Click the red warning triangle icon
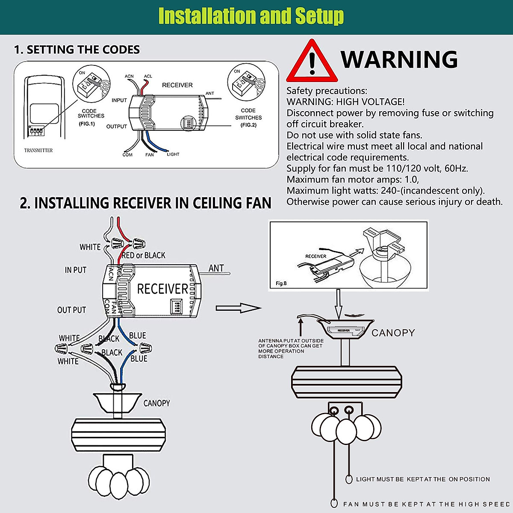tap(312, 62)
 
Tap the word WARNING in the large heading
tap(399, 59)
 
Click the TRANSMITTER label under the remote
tap(38, 150)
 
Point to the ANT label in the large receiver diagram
tap(216, 268)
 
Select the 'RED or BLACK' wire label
tap(144, 255)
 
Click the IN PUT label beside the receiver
tap(76, 270)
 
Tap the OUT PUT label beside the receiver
tap(72, 310)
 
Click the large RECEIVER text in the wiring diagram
tap(162, 289)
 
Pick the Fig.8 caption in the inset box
tap(281, 283)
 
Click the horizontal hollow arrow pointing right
tap(238, 308)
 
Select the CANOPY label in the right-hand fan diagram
tap(393, 333)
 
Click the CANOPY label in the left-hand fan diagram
tap(156, 403)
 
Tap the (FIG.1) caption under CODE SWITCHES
tap(87, 124)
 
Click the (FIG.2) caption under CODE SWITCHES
tap(248, 125)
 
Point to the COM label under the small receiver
tap(127, 155)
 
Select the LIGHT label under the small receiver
tap(173, 154)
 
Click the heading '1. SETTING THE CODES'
tap(77, 50)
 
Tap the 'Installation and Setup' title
tap(251, 16)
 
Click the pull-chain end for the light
tap(349, 479)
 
